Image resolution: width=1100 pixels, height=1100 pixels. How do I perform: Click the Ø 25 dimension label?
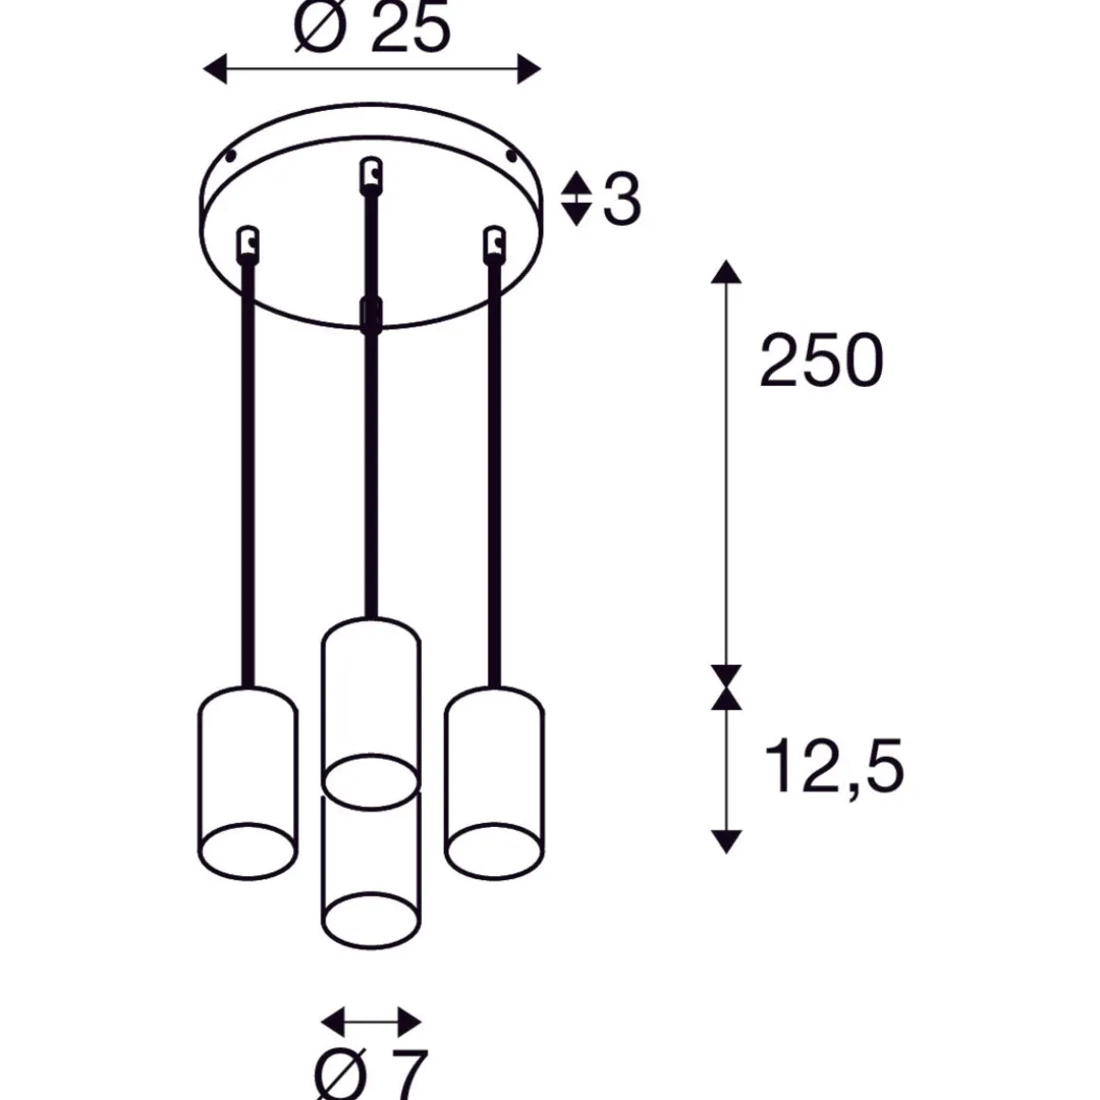tap(372, 28)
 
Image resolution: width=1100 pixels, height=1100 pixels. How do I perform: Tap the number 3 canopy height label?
tap(621, 199)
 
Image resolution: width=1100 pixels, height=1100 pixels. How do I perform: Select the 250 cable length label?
tap(821, 361)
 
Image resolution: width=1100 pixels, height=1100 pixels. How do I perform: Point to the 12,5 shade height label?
tap(834, 766)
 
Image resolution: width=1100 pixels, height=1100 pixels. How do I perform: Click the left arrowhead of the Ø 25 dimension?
tap(215, 69)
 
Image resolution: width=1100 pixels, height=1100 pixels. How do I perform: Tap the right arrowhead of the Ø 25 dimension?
tap(529, 69)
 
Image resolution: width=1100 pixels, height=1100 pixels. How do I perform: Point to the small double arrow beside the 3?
tap(576, 198)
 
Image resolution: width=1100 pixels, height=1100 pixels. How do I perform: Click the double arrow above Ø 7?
tap(371, 1021)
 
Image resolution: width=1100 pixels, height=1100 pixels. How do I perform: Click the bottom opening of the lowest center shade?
tap(371, 919)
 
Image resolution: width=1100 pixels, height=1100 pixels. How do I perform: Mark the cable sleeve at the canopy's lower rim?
tap(370, 314)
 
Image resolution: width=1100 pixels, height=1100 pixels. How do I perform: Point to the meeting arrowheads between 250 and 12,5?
tap(725, 687)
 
